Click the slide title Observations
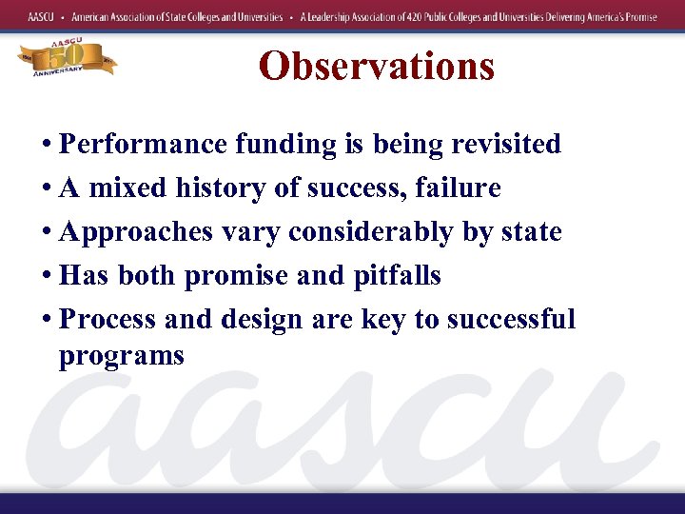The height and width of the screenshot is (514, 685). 377,66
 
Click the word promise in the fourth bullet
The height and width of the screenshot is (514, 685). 237,275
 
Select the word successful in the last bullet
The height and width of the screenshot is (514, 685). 511,319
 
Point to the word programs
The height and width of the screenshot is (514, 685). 121,356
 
